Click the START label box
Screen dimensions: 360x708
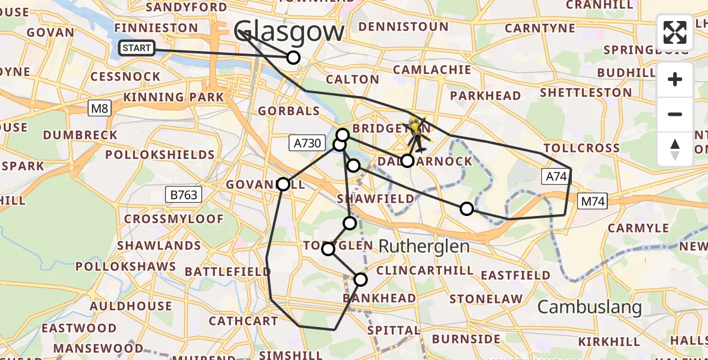pos(137,49)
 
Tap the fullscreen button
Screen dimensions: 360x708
pos(675,32)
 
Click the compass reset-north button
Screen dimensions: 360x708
pos(675,149)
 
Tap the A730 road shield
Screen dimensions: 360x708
pos(307,143)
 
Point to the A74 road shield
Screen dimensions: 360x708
pos(555,176)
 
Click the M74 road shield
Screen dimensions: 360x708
pos(592,202)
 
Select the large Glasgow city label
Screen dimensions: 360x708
pos(289,31)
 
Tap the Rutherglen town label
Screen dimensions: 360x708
pos(424,245)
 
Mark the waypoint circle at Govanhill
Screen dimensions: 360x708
pos(283,184)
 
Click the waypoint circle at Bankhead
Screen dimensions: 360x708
pos(361,279)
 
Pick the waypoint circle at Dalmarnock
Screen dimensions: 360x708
pos(407,161)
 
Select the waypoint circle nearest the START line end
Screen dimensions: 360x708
pos(293,58)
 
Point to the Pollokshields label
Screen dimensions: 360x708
pos(160,155)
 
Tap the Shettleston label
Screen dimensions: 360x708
pos(586,93)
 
